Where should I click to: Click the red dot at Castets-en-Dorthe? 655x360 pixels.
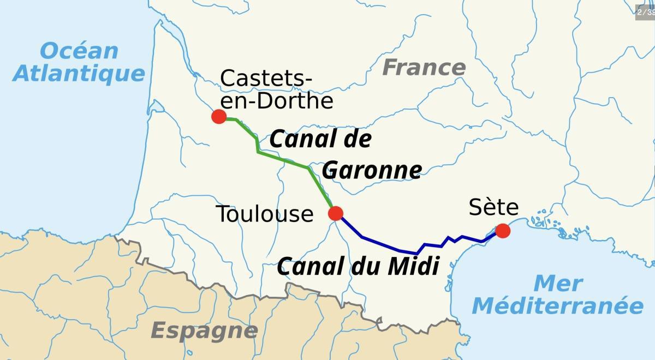(x=219, y=117)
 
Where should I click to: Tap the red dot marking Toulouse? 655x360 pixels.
(x=336, y=213)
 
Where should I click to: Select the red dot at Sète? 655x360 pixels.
(x=503, y=231)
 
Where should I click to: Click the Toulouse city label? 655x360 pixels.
(x=265, y=214)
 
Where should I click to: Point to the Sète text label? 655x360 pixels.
(x=493, y=208)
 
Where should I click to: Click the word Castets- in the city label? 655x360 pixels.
(x=266, y=79)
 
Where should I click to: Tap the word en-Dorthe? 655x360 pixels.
(x=276, y=100)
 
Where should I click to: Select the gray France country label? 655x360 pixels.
(x=424, y=68)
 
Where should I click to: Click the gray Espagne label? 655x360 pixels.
(x=204, y=330)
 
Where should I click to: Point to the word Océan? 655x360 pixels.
(x=79, y=51)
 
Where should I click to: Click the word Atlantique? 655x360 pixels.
(x=79, y=73)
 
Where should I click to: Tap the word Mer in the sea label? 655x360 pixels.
(x=558, y=284)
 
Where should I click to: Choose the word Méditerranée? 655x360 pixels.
(x=558, y=306)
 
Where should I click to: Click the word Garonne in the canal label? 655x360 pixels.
(x=372, y=171)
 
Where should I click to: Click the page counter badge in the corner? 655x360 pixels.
(x=645, y=12)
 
